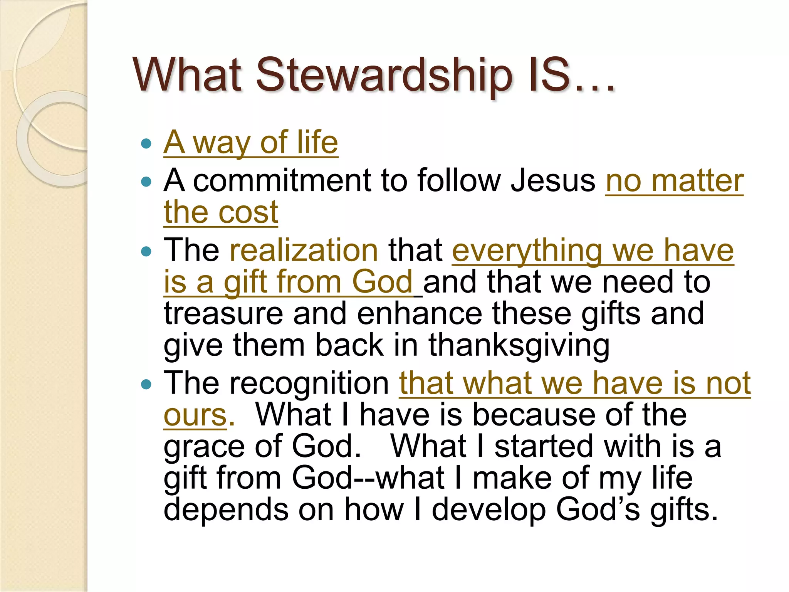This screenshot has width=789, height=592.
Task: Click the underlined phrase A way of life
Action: click(x=251, y=143)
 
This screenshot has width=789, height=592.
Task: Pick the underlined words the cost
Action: click(x=221, y=212)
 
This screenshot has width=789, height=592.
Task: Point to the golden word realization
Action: click(x=304, y=251)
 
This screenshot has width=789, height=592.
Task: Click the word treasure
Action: click(x=223, y=314)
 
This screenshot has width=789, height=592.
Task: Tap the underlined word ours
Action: click(x=195, y=415)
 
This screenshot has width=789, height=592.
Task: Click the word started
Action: click(x=544, y=446)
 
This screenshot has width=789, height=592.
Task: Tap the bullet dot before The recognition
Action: click(x=146, y=385)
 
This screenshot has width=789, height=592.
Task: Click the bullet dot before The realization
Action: click(x=146, y=252)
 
